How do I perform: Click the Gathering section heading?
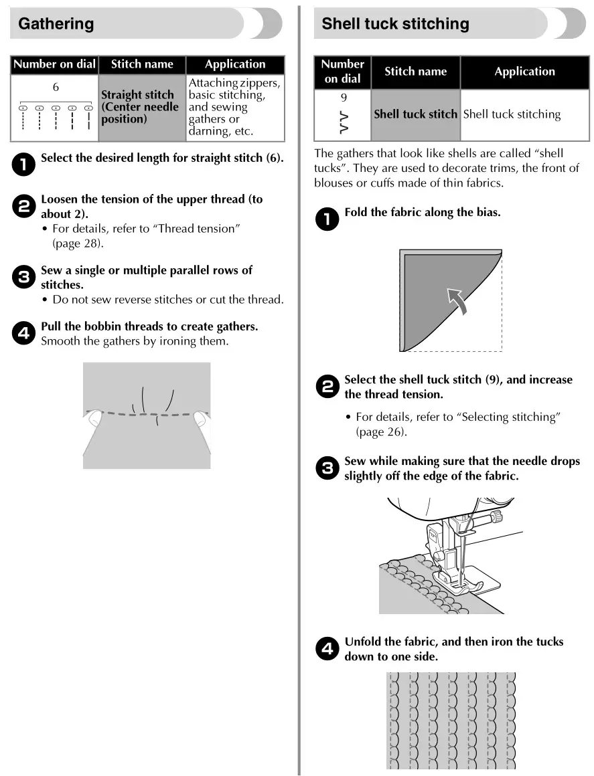[x=56, y=24]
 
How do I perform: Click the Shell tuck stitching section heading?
[x=395, y=24]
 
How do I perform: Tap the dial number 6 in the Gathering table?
[x=56, y=87]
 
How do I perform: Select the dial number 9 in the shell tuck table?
[x=344, y=97]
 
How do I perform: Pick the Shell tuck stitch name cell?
[x=415, y=114]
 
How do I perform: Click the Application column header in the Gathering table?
[x=235, y=64]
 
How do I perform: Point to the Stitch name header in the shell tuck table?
[x=415, y=72]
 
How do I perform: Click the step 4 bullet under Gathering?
[x=23, y=332]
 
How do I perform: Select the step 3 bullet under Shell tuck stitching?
[x=327, y=468]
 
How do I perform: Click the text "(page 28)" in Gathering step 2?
[x=78, y=244]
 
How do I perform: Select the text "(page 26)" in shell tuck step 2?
[x=381, y=431]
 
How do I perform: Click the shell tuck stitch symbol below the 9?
[x=344, y=122]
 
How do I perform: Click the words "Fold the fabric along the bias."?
[x=422, y=213]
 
